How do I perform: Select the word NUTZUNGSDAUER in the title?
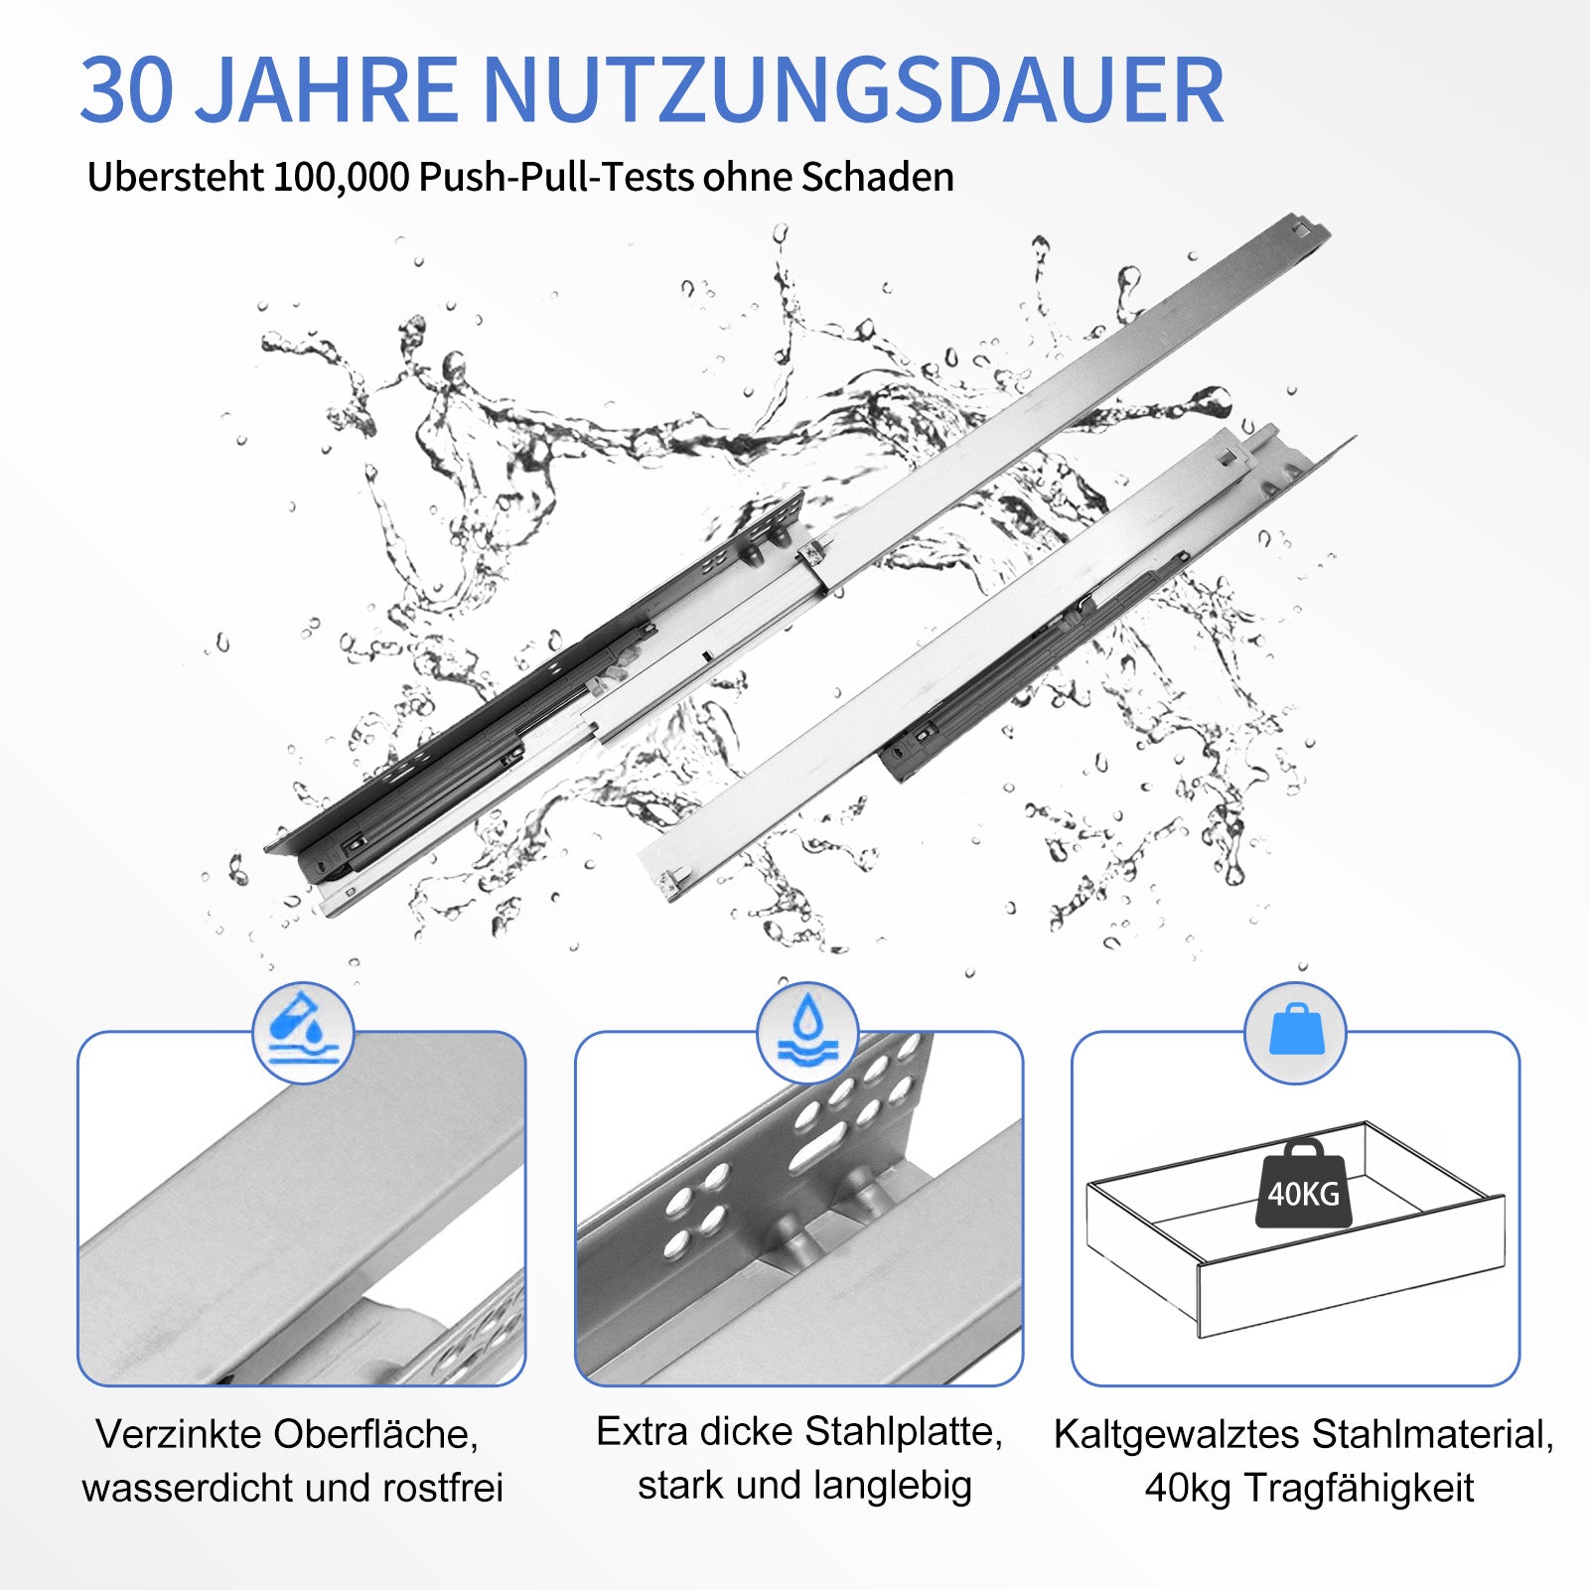point(853,89)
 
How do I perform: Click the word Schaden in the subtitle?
point(877,177)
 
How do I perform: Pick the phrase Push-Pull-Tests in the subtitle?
point(556,177)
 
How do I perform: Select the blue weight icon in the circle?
point(1295,1031)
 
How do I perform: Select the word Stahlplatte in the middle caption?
point(902,1432)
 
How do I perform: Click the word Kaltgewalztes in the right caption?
point(1177,1436)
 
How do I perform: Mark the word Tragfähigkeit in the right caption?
point(1359,1489)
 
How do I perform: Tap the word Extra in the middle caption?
point(645,1432)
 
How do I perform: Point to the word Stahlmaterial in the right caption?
point(1432,1436)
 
